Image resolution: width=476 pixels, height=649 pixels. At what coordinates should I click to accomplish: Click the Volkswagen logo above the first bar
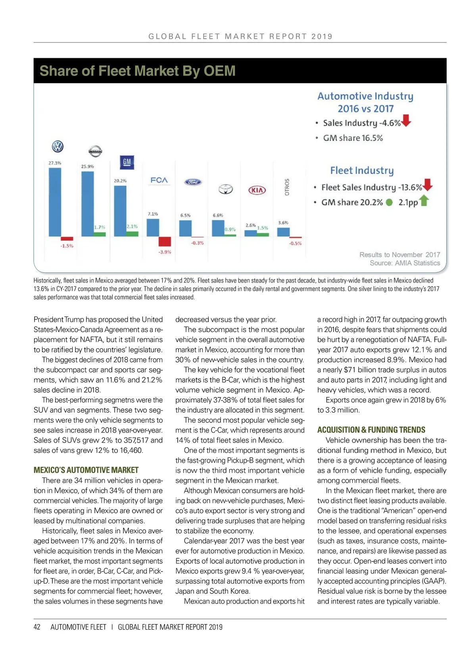[x=58, y=147]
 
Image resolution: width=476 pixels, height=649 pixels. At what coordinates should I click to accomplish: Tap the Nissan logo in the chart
[x=95, y=151]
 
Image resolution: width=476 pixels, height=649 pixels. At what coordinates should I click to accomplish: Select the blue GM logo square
[x=127, y=162]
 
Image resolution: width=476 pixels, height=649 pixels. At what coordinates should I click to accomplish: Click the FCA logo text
[x=159, y=180]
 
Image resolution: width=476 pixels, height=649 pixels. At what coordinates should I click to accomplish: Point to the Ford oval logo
[x=193, y=182]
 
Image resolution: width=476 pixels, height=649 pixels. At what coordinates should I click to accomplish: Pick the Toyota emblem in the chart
[x=226, y=189]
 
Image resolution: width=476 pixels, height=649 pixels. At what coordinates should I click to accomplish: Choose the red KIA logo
[x=257, y=190]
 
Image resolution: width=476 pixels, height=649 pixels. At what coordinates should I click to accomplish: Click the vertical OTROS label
[x=287, y=187]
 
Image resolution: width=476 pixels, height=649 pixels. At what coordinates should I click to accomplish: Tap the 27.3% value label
[x=55, y=163]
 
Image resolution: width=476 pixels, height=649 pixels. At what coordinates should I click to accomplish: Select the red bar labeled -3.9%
[x=165, y=241]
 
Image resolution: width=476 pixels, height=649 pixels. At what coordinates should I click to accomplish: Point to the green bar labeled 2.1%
[x=132, y=234]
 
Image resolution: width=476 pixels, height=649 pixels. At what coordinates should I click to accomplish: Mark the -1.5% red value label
[x=67, y=246]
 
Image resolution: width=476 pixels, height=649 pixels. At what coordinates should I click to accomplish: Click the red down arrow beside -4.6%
[x=407, y=120]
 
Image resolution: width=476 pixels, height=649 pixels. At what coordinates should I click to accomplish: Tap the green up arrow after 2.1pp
[x=424, y=201]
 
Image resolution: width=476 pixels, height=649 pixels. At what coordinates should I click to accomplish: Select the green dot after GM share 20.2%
[x=390, y=202]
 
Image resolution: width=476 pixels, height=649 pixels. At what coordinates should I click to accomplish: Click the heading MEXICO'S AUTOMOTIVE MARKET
[x=86, y=470]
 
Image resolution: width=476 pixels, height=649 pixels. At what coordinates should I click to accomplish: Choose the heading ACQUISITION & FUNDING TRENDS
[x=371, y=430]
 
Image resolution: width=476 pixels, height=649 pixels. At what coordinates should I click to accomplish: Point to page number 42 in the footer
[x=37, y=627]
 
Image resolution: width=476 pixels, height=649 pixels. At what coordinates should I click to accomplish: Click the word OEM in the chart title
[x=219, y=71]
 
